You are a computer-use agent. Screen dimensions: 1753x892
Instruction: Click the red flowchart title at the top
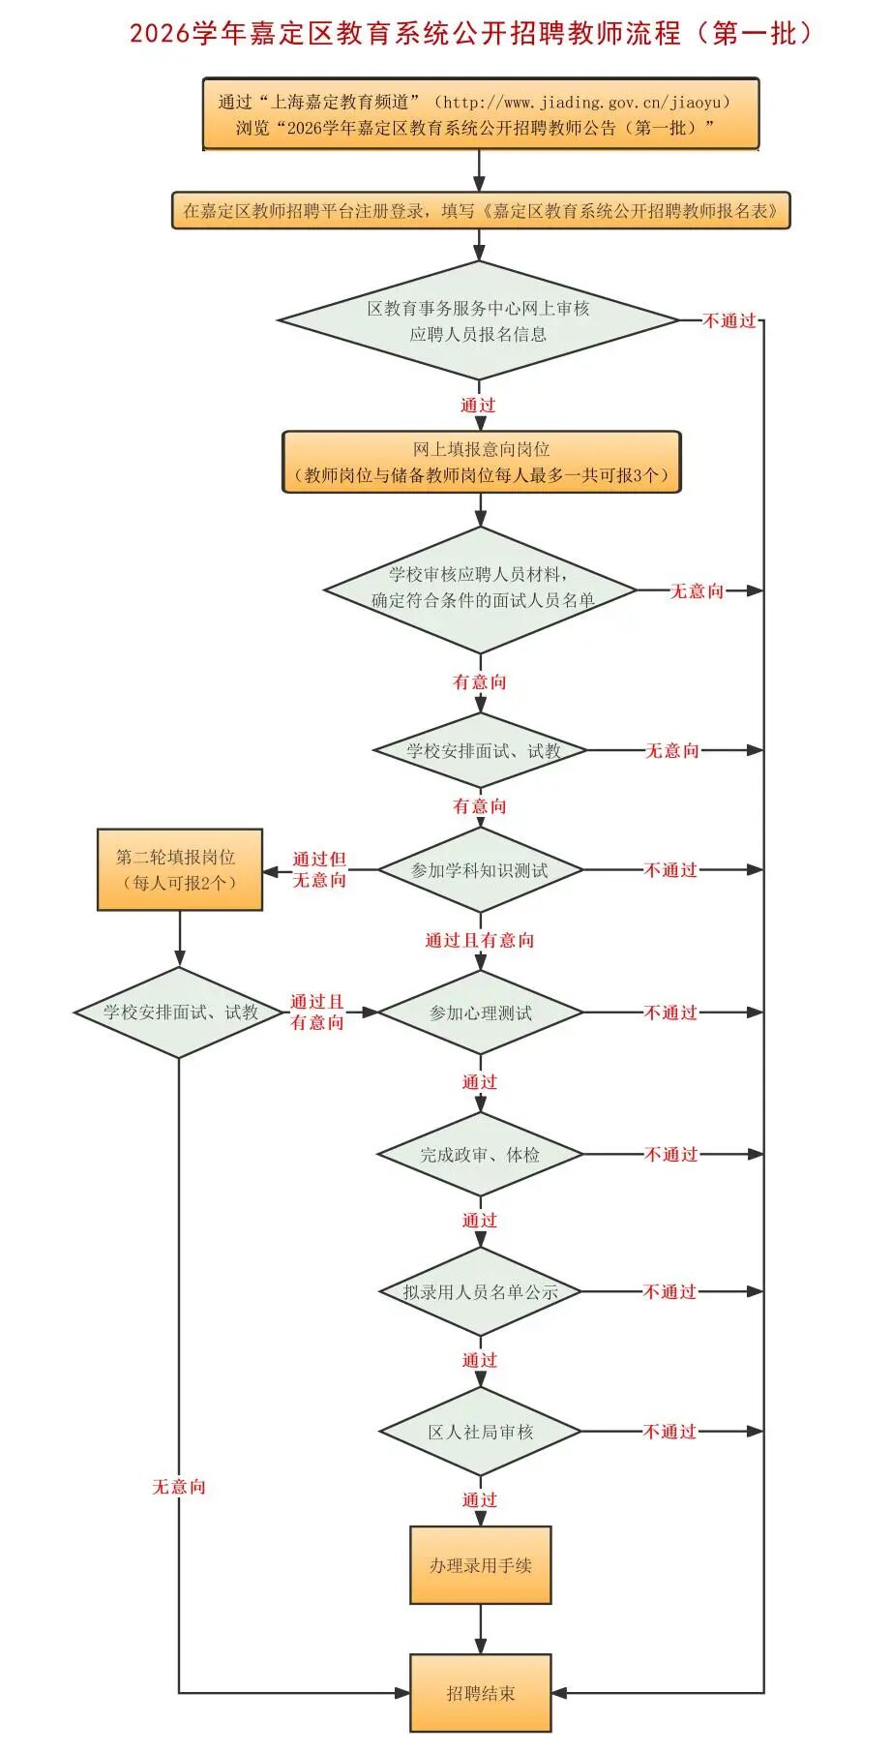pyautogui.click(x=473, y=33)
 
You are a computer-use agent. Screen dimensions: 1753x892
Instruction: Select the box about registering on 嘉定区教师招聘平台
pyautogui.click(x=481, y=210)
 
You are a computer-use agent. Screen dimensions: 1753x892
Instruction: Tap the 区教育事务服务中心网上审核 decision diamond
pyautogui.click(x=478, y=320)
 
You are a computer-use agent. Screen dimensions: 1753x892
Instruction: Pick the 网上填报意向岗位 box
pyautogui.click(x=481, y=462)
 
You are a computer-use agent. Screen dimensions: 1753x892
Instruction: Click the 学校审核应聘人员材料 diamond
pyautogui.click(x=480, y=589)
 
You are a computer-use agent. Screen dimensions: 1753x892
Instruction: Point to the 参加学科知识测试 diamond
pyautogui.click(x=480, y=870)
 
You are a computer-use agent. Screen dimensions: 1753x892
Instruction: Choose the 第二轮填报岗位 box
pyautogui.click(x=179, y=869)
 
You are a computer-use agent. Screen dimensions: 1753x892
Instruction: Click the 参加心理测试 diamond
pyautogui.click(x=480, y=1013)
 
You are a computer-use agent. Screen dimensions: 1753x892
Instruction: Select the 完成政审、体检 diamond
pyautogui.click(x=480, y=1154)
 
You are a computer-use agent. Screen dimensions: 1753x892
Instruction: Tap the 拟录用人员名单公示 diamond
pyautogui.click(x=480, y=1291)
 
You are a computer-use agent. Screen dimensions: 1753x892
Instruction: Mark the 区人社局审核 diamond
pyautogui.click(x=480, y=1431)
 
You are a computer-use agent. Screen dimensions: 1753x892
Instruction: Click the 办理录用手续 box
pyautogui.click(x=480, y=1565)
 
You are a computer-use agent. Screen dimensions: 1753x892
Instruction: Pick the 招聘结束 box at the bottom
pyautogui.click(x=480, y=1693)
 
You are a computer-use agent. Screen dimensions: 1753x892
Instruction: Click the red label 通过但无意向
pyautogui.click(x=319, y=869)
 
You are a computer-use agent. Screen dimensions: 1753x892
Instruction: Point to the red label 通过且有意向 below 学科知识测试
pyautogui.click(x=479, y=940)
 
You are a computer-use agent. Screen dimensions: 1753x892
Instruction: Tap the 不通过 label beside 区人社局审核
pyautogui.click(x=669, y=1431)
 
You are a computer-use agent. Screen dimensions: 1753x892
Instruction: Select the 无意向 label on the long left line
pyautogui.click(x=179, y=1486)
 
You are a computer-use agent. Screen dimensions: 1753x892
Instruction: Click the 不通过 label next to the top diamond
pyautogui.click(x=728, y=320)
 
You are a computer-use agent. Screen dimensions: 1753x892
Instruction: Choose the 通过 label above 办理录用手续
pyautogui.click(x=479, y=1499)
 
